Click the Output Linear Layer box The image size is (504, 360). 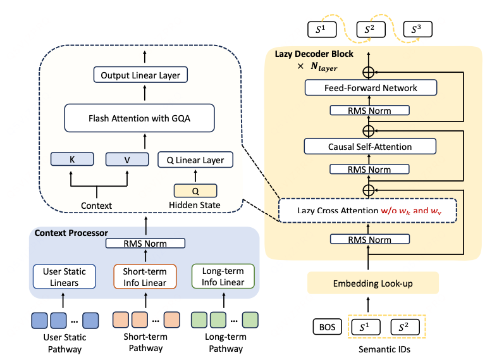[140, 75]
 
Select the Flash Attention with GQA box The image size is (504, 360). [140, 117]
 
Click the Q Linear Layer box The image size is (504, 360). [195, 159]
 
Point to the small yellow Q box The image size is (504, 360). [195, 190]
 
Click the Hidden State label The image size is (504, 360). [195, 205]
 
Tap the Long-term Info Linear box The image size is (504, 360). [223, 276]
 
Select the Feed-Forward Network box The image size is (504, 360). [371, 87]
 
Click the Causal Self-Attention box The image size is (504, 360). [370, 147]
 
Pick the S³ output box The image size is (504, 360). [417, 29]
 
